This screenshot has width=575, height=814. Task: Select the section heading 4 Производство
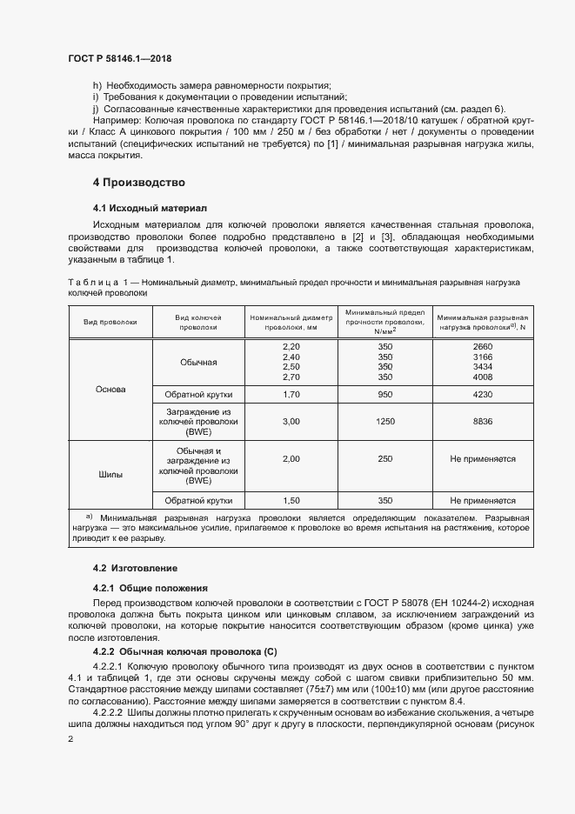click(x=139, y=183)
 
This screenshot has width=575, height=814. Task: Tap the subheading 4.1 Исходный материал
click(x=150, y=209)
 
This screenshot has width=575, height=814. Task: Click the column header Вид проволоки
click(x=110, y=322)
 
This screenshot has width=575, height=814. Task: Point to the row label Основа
click(x=110, y=389)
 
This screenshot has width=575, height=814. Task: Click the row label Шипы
click(x=110, y=475)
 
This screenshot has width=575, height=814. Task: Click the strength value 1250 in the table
click(x=384, y=421)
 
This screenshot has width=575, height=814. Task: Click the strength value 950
click(x=384, y=393)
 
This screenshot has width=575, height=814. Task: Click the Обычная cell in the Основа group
click(x=198, y=362)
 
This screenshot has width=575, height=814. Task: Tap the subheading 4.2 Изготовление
click(x=136, y=567)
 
